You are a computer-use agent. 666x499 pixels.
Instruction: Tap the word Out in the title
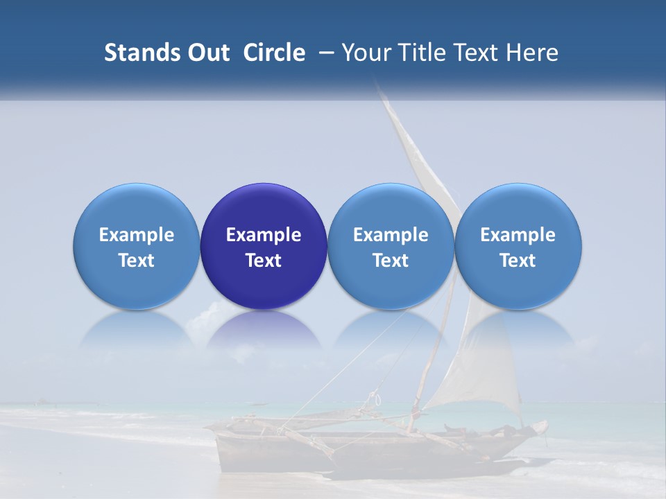[207, 53]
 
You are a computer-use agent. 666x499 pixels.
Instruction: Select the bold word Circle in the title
[274, 53]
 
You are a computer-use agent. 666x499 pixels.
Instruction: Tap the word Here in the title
[533, 53]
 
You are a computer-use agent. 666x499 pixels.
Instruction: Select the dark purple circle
[264, 208]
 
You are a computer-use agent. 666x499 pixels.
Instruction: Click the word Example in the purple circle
[264, 235]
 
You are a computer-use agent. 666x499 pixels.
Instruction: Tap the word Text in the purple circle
[264, 261]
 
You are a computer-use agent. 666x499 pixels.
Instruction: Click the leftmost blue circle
[136, 208]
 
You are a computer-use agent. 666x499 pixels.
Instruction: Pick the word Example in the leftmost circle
[136, 235]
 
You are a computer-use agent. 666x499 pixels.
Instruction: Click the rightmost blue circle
[518, 208]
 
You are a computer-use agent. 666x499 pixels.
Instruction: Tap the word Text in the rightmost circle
[518, 261]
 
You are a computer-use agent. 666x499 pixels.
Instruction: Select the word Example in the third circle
[391, 235]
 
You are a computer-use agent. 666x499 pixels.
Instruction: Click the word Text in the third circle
[391, 261]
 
